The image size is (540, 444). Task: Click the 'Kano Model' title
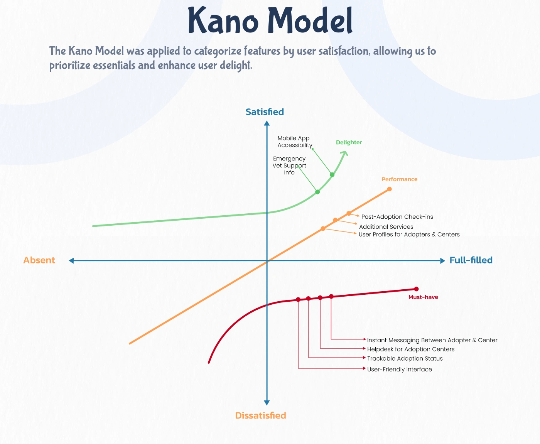[270, 20]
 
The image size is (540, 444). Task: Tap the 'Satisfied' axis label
[265, 112]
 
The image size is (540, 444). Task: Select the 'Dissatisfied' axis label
[260, 415]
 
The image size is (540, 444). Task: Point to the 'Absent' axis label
[39, 260]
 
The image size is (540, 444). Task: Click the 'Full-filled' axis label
[471, 260]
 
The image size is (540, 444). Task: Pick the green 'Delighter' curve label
[349, 142]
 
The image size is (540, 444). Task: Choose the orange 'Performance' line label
[399, 179]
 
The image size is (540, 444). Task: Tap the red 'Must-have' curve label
[423, 297]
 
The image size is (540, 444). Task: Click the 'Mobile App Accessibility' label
[294, 142]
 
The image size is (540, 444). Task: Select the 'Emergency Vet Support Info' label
[289, 165]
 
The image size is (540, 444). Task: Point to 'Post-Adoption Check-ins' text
[397, 217]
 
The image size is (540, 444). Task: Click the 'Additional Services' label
[386, 227]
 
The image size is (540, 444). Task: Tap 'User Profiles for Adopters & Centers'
[409, 234]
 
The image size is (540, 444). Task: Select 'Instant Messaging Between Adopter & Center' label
[432, 340]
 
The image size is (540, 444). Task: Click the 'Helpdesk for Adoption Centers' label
[410, 349]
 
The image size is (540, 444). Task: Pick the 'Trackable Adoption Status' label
[405, 358]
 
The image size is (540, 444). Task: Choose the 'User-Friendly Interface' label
[399, 369]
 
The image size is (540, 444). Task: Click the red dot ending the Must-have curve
[416, 289]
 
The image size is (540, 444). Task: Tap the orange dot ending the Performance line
[389, 189]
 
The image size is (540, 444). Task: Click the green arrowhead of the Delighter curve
[344, 154]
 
